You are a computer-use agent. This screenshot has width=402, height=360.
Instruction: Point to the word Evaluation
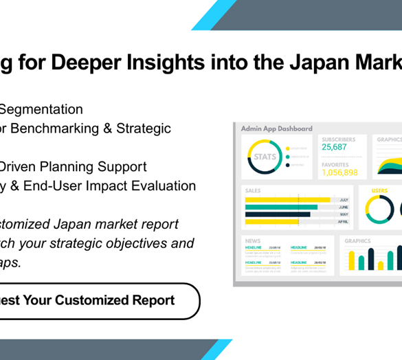coord(163,185)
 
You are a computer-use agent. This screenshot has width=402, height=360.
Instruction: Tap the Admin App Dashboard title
coord(276,128)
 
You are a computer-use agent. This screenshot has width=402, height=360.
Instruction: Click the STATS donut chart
coord(265,157)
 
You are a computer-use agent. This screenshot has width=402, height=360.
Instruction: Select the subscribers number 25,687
coord(334,147)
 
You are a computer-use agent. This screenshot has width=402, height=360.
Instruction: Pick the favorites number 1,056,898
coord(339,172)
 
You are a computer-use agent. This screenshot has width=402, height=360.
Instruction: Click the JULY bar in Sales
coord(292,200)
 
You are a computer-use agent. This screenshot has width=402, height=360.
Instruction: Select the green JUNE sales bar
coord(281,207)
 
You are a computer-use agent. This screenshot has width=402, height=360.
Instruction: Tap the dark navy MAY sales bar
coord(278,214)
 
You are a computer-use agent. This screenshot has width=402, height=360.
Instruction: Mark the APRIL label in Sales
coord(344,222)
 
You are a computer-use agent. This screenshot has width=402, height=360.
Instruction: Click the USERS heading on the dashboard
coord(379,191)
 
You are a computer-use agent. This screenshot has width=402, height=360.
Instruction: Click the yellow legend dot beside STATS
coord(287,148)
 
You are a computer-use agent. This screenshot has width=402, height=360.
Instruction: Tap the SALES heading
coord(252,190)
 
